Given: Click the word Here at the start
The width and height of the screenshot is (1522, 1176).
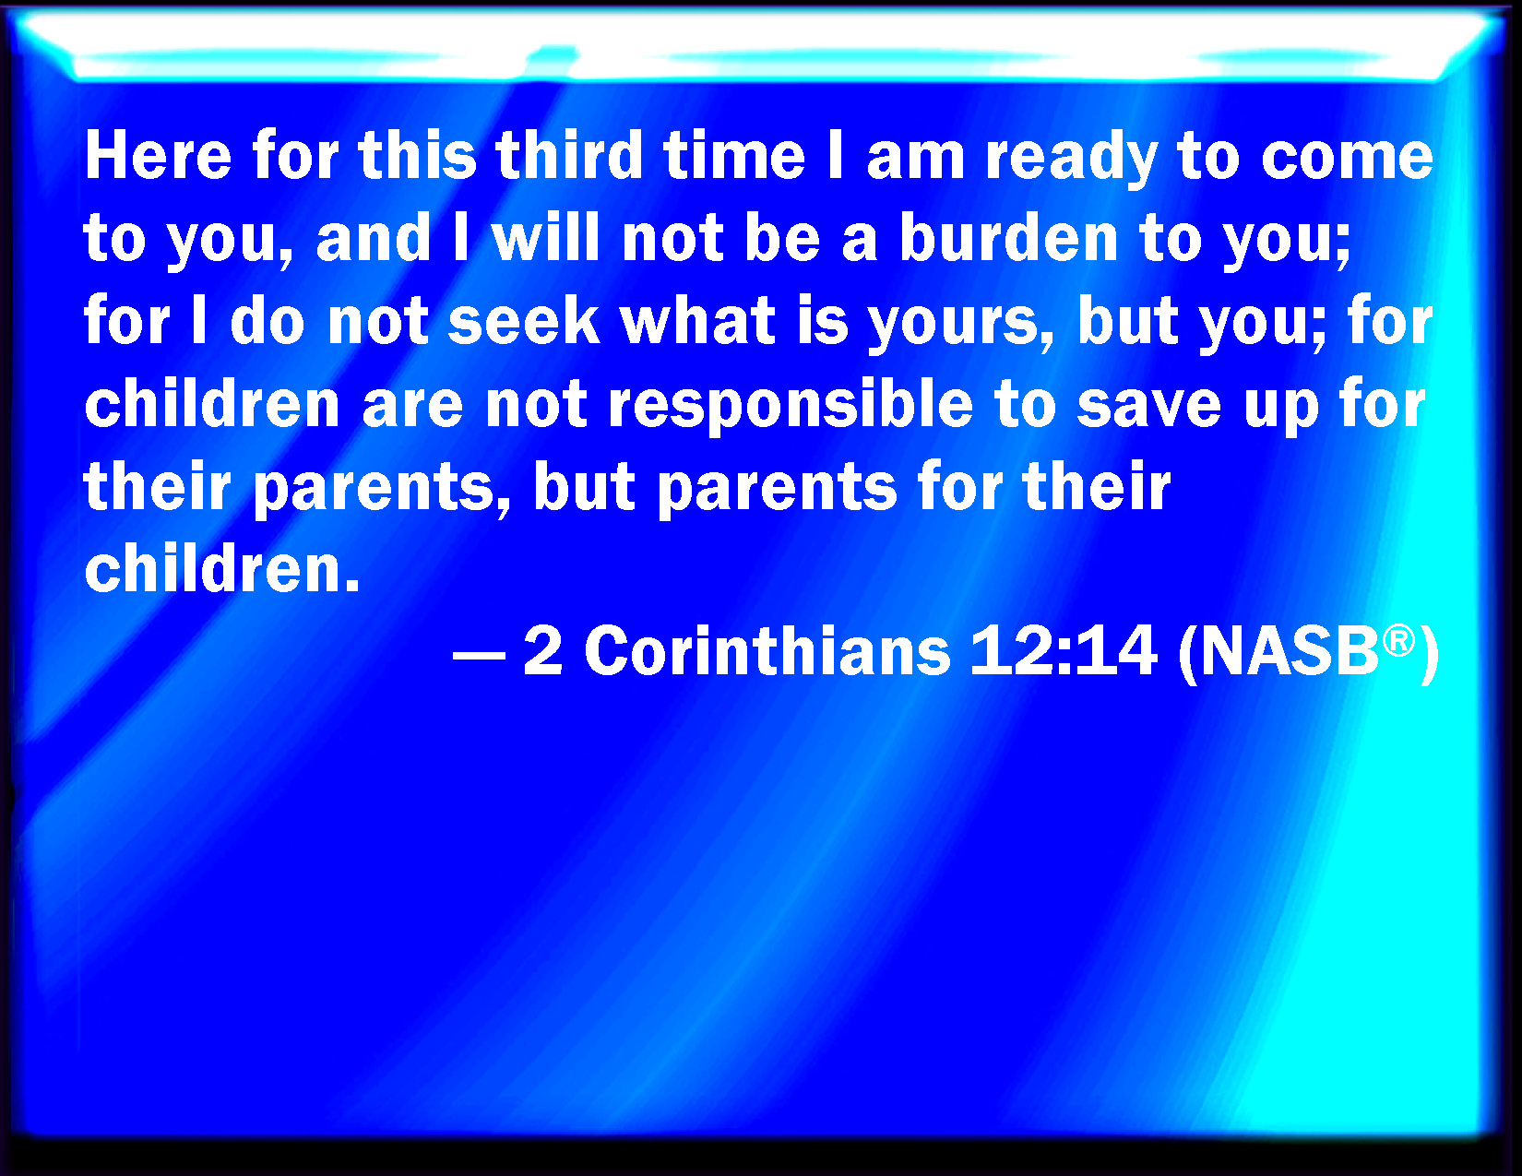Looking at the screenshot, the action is [x=158, y=155].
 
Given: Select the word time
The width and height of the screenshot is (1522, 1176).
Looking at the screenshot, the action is [x=735, y=155].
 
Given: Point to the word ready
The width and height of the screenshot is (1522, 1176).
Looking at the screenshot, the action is [x=1071, y=159].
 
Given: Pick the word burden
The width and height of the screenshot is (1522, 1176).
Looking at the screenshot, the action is [x=1008, y=237].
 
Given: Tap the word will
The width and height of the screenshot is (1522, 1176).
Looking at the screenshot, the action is [x=546, y=237].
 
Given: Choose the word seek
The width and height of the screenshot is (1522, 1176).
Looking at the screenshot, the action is [x=523, y=320].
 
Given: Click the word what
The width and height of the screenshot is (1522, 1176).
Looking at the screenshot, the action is [x=697, y=320].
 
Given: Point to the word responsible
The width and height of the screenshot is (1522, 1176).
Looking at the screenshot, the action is [x=791, y=407].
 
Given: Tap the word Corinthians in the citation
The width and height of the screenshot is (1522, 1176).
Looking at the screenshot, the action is [x=767, y=650].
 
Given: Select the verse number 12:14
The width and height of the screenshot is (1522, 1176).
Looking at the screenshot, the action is [x=1064, y=650].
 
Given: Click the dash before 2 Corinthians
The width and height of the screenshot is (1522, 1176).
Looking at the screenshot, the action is [x=479, y=657].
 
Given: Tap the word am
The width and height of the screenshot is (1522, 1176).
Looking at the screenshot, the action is [x=915, y=160].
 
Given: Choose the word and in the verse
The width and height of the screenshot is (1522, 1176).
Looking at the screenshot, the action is [x=374, y=237].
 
